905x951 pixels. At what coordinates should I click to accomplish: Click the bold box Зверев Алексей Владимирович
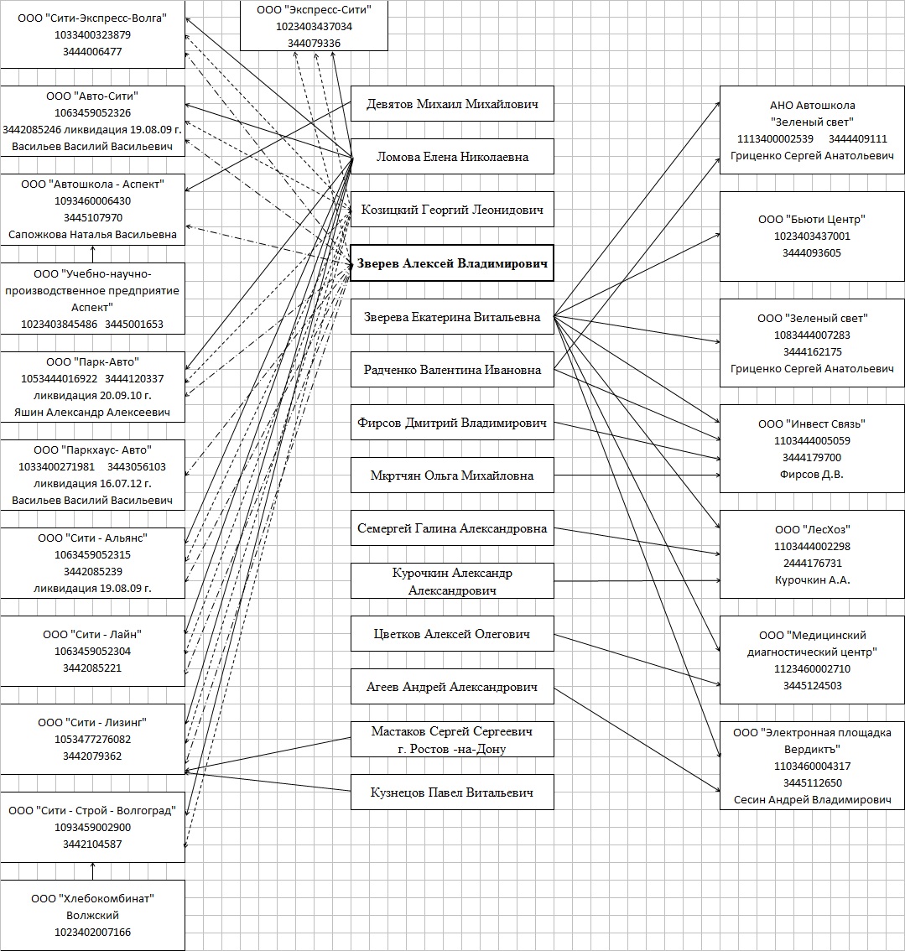click(x=451, y=263)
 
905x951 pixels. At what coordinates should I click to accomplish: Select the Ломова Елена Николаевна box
click(x=452, y=157)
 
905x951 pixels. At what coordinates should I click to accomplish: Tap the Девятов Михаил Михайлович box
click(x=452, y=105)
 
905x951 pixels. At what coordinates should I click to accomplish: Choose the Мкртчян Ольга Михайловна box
click(x=452, y=475)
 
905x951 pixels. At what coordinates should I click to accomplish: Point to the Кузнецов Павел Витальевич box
click(x=452, y=792)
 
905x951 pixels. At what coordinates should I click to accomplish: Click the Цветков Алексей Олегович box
click(x=452, y=634)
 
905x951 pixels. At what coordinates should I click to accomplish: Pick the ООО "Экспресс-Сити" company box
click(x=314, y=26)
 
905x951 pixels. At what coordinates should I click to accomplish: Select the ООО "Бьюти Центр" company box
click(x=811, y=236)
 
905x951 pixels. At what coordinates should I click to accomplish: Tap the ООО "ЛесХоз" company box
click(x=811, y=554)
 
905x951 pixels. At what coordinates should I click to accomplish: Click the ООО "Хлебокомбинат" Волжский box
click(x=92, y=915)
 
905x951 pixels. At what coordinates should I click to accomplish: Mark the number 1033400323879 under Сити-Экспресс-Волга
click(x=92, y=35)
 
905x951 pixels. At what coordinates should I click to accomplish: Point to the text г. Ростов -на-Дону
click(x=452, y=749)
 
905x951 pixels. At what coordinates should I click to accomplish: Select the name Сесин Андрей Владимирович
click(x=811, y=800)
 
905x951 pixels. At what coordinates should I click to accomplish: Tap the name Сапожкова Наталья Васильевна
click(x=92, y=235)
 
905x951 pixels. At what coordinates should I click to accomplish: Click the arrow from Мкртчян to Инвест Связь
click(x=637, y=475)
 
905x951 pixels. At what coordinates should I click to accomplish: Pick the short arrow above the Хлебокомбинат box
click(x=92, y=870)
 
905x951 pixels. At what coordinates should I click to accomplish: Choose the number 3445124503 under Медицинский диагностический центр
click(x=811, y=685)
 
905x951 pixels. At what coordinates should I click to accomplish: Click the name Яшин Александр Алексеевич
click(x=92, y=413)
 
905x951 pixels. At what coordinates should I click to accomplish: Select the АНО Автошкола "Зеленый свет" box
click(x=811, y=130)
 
